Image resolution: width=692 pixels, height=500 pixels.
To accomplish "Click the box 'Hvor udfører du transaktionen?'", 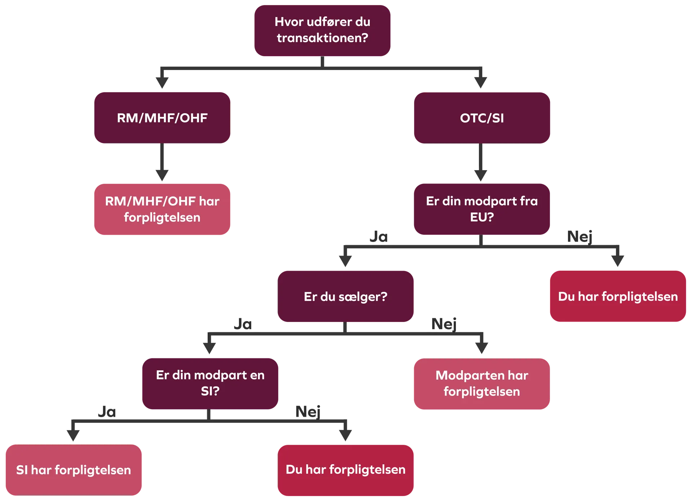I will click(323, 30).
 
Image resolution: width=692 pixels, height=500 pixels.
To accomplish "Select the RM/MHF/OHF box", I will click(162, 118).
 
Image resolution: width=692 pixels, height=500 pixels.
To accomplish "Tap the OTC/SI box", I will click(482, 118).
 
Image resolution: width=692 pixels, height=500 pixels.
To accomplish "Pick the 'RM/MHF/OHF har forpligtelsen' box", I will click(162, 209).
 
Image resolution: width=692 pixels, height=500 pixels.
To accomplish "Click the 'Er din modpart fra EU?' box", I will click(482, 209).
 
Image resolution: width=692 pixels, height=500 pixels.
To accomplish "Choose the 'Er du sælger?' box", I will click(346, 296).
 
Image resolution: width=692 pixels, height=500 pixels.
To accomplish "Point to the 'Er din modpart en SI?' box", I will click(210, 383).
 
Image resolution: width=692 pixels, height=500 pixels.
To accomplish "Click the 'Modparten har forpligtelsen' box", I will click(482, 384).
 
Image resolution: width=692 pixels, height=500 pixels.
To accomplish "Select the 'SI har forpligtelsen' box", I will click(74, 470).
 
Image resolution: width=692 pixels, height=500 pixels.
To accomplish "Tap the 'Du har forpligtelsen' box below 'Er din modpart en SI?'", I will click(346, 470).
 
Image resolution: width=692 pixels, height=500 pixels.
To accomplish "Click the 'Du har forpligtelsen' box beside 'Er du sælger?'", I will click(618, 296).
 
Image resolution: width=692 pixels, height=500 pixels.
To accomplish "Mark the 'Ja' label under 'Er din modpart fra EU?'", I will click(380, 237).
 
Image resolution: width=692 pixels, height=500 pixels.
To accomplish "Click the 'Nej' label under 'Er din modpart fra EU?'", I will click(580, 237).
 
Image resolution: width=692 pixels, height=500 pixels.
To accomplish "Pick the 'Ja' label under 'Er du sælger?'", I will click(243, 324).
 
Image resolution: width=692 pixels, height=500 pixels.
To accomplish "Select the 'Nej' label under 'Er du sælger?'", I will click(445, 324).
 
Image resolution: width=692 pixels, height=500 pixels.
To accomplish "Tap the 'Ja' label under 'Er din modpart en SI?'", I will click(105, 411).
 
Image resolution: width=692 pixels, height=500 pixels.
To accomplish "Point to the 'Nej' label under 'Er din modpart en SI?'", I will click(309, 411).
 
